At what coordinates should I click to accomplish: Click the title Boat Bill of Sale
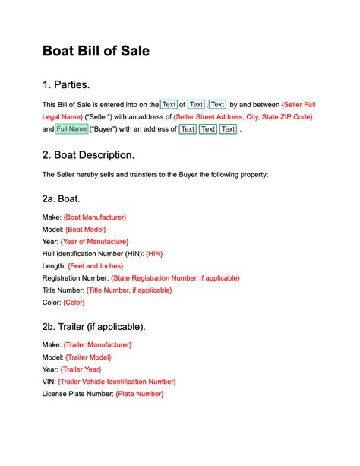pyautogui.click(x=96, y=51)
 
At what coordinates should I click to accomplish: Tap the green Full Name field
pyautogui.click(x=72, y=129)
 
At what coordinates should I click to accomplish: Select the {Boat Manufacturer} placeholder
pyautogui.click(x=95, y=217)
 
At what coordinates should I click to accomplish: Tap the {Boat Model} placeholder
pyautogui.click(x=86, y=229)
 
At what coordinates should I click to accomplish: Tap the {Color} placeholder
pyautogui.click(x=74, y=303)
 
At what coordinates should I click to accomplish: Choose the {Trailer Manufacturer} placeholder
pyautogui.click(x=98, y=345)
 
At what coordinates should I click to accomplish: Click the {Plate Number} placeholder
pyautogui.click(x=140, y=394)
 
